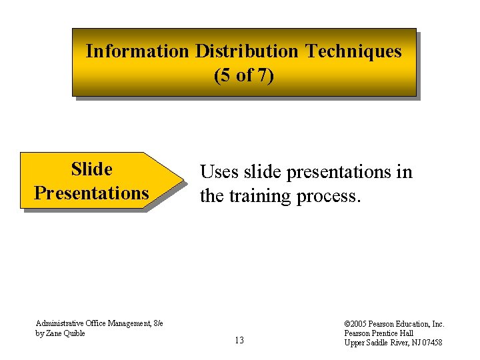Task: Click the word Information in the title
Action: click(x=137, y=51)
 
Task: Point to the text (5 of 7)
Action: click(x=243, y=75)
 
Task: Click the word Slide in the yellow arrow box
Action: click(x=91, y=169)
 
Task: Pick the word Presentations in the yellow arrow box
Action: click(x=91, y=193)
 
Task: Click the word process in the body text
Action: click(x=331, y=196)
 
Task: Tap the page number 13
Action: click(x=239, y=341)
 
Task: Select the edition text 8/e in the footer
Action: click(x=158, y=323)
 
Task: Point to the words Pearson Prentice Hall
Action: click(x=379, y=333)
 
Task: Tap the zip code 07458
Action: click(x=428, y=343)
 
